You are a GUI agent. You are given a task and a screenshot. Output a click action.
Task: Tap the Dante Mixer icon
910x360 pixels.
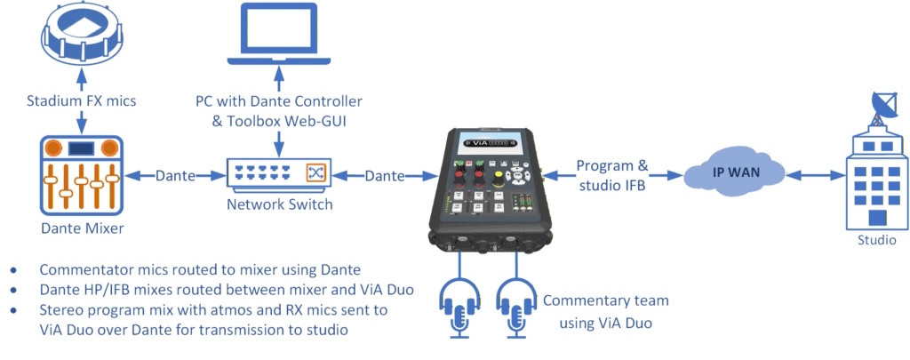click(81, 175)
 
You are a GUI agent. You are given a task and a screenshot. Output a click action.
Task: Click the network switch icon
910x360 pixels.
click(278, 172)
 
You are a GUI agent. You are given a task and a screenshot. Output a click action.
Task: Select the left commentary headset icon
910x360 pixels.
click(460, 307)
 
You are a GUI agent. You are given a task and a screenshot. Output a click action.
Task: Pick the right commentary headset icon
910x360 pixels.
click(515, 307)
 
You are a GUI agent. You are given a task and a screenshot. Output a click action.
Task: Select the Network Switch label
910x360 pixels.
click(278, 204)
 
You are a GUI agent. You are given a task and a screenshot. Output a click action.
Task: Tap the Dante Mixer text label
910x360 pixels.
click(82, 230)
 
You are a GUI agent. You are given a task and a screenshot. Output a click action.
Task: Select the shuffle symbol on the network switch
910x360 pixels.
click(315, 172)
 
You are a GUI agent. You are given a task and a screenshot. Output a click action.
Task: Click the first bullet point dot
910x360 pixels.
click(12, 269)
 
